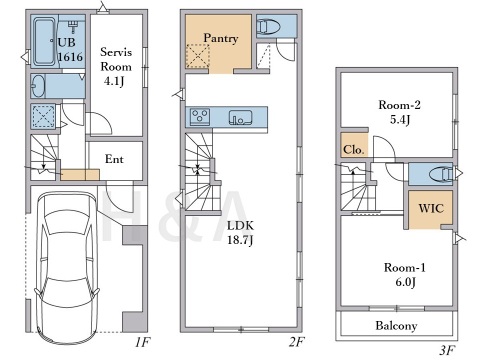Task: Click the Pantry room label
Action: tap(221, 38)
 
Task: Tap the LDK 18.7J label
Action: tap(240, 233)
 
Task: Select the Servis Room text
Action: tap(116, 59)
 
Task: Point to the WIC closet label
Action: tap(431, 209)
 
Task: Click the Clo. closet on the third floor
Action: tap(354, 145)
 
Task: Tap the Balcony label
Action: tap(396, 326)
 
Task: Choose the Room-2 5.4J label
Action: tap(399, 112)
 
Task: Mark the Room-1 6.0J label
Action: tap(405, 275)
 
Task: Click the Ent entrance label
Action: tap(114, 159)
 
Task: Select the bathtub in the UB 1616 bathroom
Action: tap(44, 42)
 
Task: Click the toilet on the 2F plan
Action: tap(270, 26)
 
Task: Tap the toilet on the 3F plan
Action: tap(441, 174)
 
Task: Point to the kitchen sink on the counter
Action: tap(240, 118)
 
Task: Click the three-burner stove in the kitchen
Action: tap(200, 117)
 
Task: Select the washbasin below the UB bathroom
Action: tap(39, 86)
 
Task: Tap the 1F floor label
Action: tap(143, 342)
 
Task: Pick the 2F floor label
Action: tap(297, 342)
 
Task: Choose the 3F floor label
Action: tap(447, 350)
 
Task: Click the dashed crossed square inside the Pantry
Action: tap(198, 56)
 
